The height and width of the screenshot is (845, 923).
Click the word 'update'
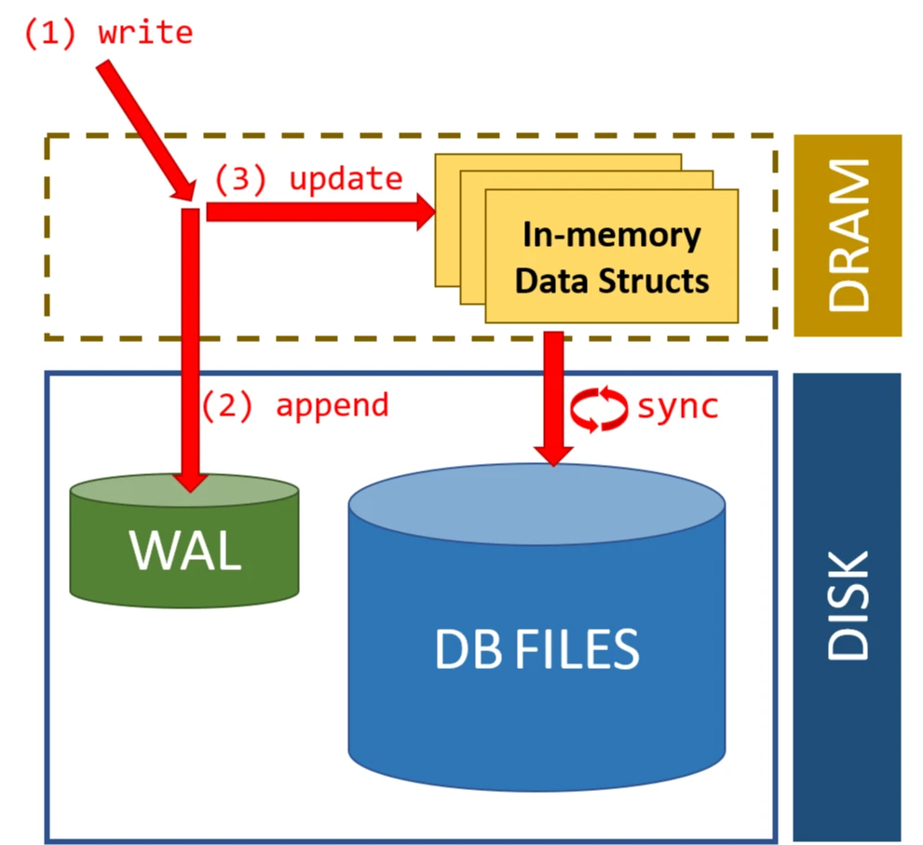tap(346, 179)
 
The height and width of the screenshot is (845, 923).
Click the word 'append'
tap(332, 405)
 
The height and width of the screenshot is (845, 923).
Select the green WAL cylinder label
tap(186, 550)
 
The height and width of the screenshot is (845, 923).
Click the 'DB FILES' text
tap(537, 649)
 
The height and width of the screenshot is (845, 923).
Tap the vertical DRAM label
tap(848, 235)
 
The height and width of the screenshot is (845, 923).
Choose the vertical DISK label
tap(848, 606)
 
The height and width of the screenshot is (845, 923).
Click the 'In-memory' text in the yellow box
tap(612, 235)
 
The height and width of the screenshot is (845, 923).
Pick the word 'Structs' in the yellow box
tap(660, 279)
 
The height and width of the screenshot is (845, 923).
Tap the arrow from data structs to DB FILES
tap(554, 391)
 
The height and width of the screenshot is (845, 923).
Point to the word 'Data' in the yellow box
tap(550, 279)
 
